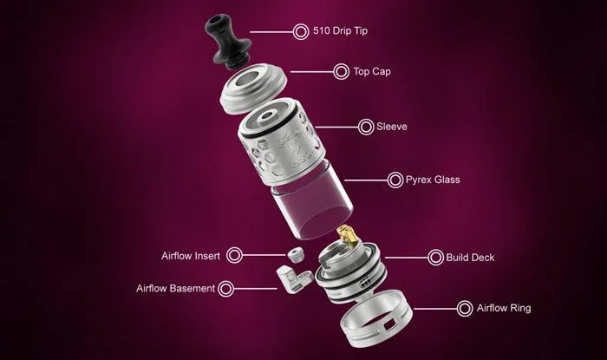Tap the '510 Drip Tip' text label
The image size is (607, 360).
point(340,31)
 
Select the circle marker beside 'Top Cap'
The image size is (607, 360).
point(341,72)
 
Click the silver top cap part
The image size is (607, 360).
point(253,87)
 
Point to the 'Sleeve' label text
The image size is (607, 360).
point(392,127)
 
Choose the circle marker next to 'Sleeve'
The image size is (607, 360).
point(366,127)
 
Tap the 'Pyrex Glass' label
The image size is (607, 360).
point(433,180)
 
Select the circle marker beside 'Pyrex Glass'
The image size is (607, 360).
point(395,180)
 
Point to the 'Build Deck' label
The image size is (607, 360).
point(470,258)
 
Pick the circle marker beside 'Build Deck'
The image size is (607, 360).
point(435,258)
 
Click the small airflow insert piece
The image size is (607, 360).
point(296,255)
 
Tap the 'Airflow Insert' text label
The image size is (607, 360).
point(191,256)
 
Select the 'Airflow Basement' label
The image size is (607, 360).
point(175,288)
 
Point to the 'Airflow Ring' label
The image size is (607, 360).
point(504,308)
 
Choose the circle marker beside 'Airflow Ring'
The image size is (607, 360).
point(465,309)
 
